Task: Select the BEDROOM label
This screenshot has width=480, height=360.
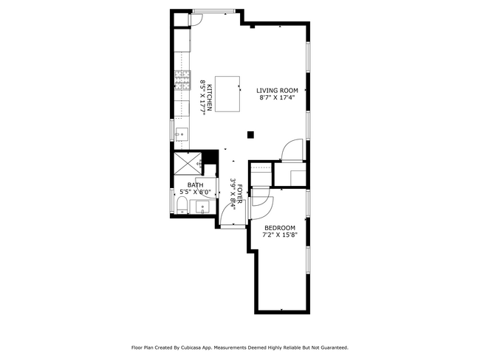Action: click(x=280, y=227)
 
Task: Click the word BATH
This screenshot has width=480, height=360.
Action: click(x=195, y=185)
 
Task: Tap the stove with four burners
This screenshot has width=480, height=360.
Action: click(x=181, y=80)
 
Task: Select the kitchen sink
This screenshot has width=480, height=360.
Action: click(x=182, y=133)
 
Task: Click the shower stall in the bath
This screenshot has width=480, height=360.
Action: click(x=188, y=164)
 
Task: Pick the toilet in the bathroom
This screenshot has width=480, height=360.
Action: click(x=181, y=205)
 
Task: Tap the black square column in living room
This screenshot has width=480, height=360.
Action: click(x=251, y=134)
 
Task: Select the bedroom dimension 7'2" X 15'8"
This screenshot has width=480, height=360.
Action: click(x=280, y=235)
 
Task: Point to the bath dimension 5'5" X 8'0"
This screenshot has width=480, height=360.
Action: click(x=195, y=193)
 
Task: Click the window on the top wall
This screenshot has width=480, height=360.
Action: click(x=214, y=10)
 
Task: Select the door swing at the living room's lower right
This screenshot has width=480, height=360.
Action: click(x=293, y=150)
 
